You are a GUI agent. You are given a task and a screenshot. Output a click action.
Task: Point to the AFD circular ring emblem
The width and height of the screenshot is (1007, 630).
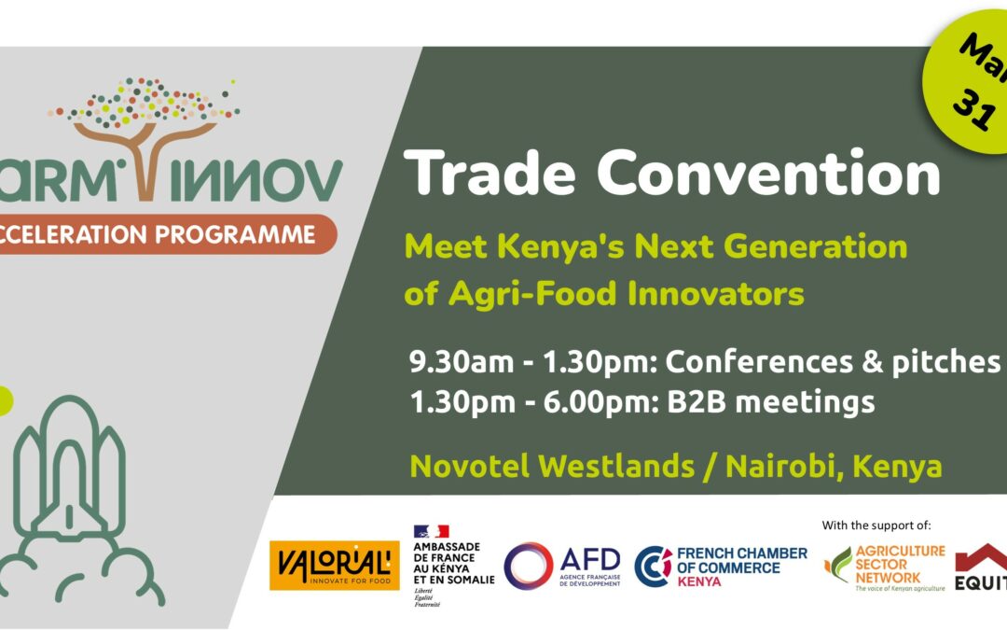528,566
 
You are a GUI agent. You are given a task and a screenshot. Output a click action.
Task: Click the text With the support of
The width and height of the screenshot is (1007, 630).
876,525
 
